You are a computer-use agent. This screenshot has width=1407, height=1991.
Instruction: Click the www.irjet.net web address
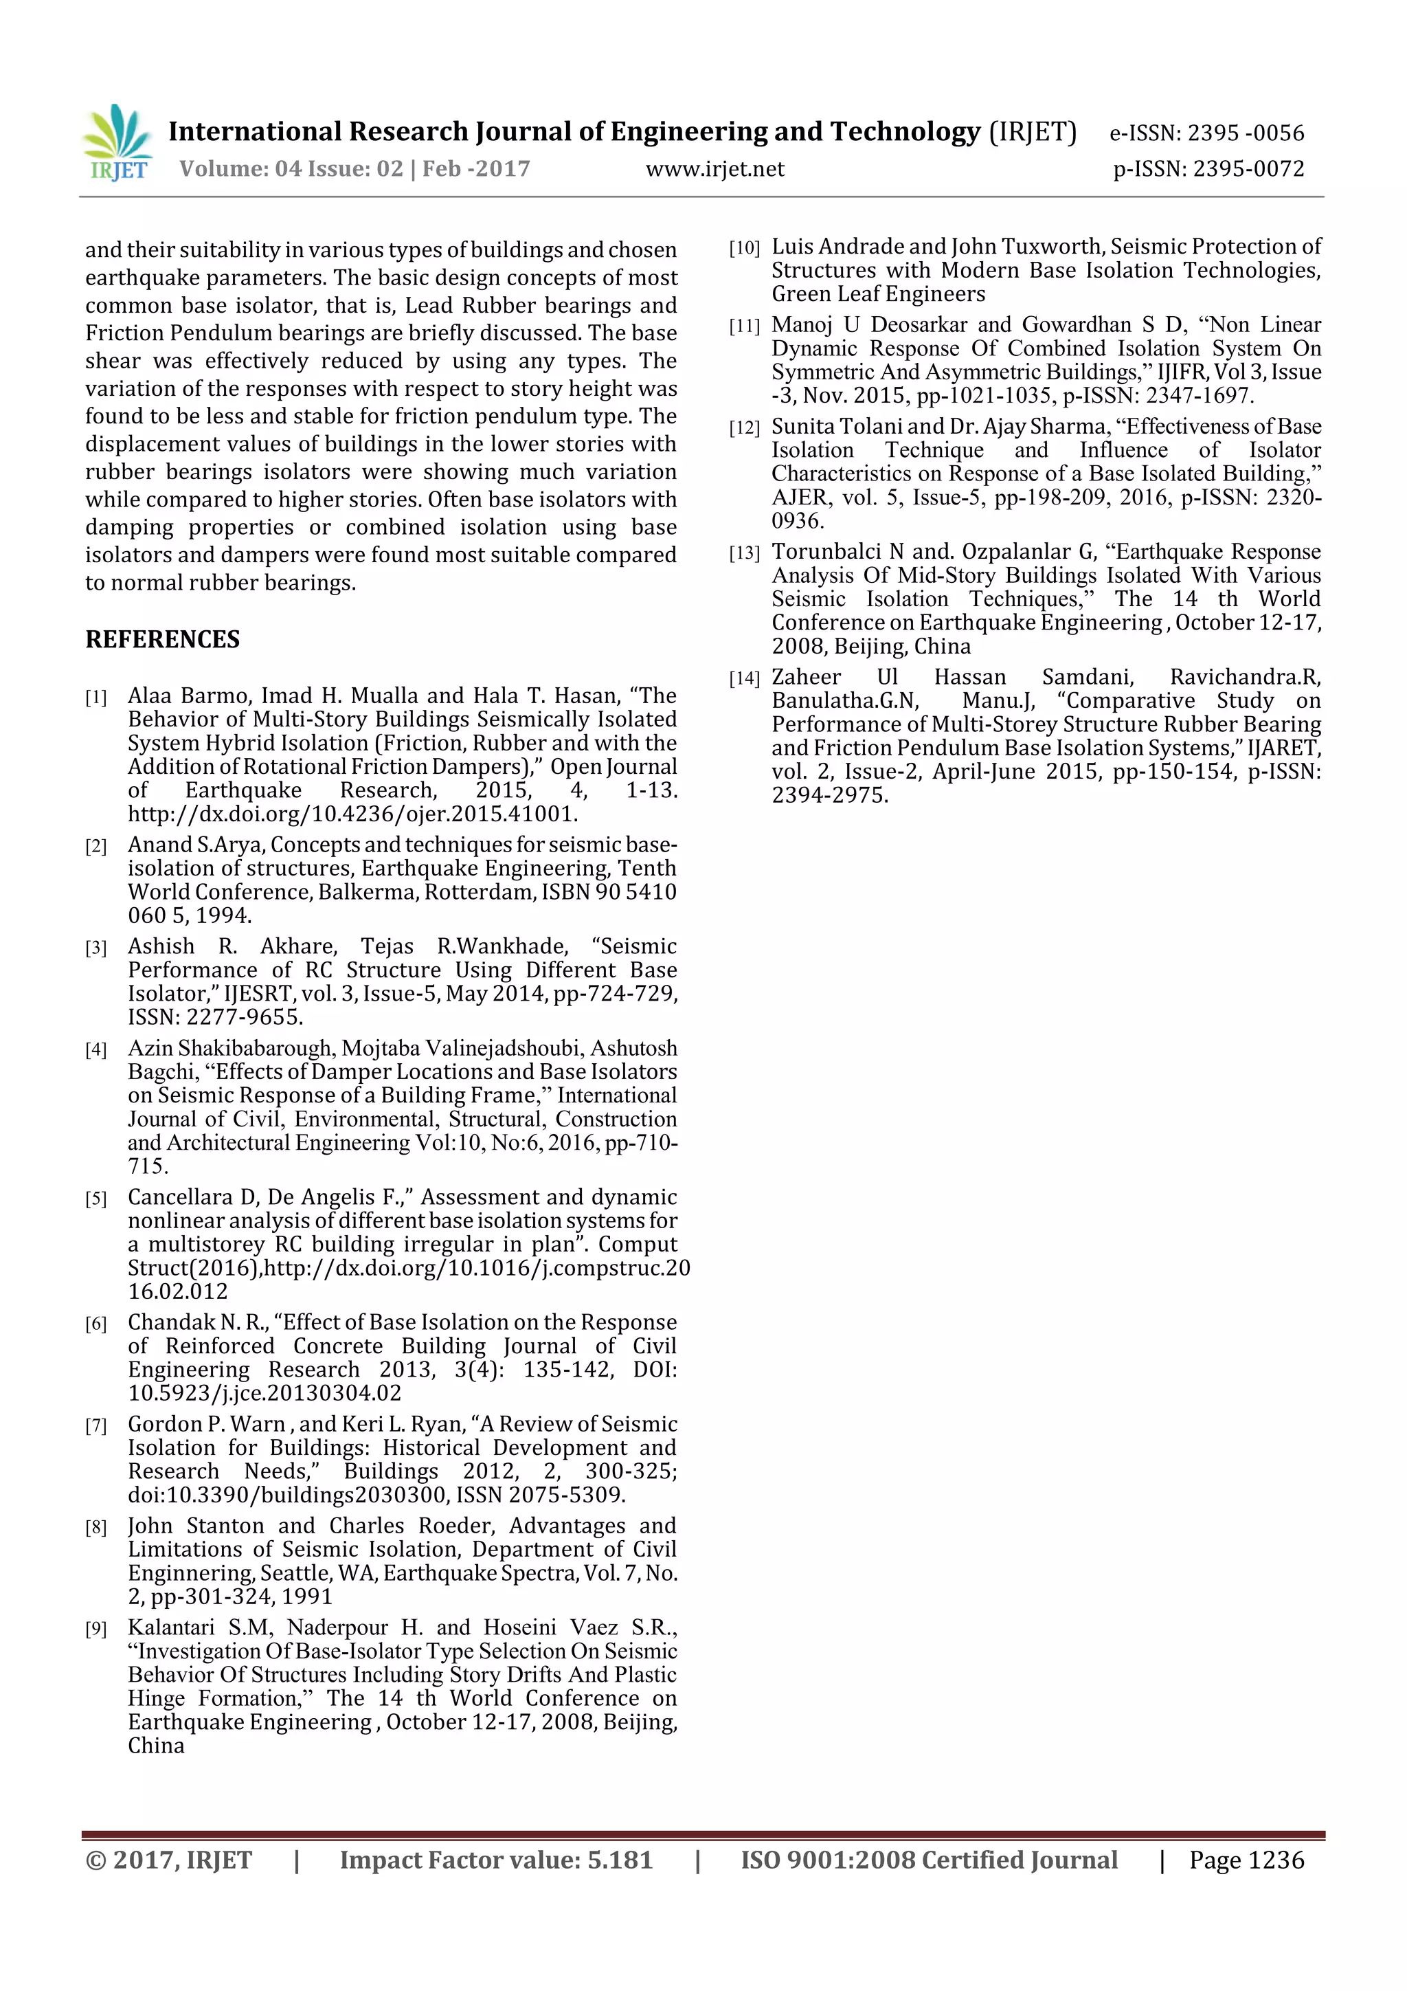(x=714, y=169)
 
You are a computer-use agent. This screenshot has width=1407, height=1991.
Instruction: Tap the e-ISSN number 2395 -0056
(x=1245, y=133)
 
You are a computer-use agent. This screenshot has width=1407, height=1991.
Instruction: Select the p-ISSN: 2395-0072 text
(x=1208, y=169)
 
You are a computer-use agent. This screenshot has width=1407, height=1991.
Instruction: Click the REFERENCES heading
(x=162, y=640)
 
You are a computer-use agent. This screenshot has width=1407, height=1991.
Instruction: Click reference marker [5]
(x=95, y=1199)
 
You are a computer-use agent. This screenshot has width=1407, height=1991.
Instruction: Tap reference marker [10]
(x=744, y=249)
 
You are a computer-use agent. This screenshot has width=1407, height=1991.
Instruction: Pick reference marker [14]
(x=744, y=679)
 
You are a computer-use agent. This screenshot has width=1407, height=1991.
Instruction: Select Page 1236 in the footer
(x=1246, y=1860)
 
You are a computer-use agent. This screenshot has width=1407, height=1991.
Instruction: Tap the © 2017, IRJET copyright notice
(x=168, y=1860)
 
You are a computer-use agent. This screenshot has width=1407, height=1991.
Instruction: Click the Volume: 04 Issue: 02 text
(x=291, y=169)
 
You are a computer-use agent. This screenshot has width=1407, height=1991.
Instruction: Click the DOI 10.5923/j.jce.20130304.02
(x=264, y=1394)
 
